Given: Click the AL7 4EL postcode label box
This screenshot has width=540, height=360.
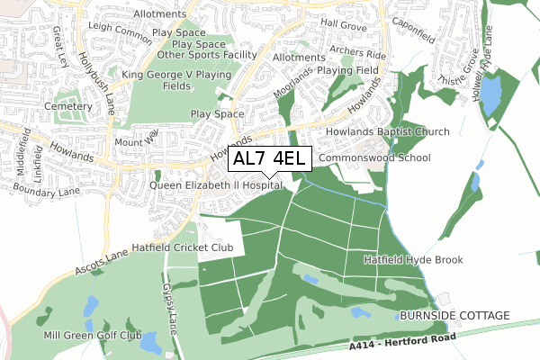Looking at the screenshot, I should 271,159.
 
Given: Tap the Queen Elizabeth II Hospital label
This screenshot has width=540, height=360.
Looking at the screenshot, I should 216,185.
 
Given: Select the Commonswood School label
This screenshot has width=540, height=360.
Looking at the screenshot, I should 375,158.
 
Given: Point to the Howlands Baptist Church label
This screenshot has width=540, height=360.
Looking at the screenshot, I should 394,132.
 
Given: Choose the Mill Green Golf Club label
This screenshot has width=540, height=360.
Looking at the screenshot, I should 93,336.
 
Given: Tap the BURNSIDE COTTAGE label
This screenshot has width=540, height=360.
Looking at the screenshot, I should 453,316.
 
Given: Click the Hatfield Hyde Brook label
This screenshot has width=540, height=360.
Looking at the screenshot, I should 413,260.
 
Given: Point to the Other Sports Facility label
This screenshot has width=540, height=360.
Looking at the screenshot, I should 206,55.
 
